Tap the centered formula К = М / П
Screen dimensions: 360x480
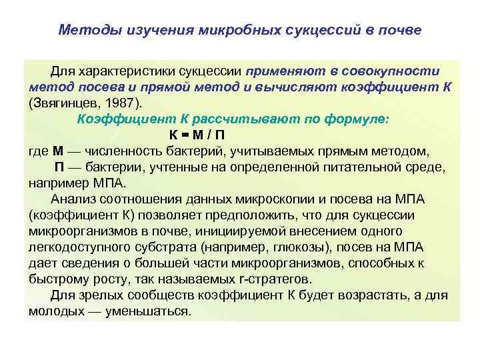click(x=239, y=136)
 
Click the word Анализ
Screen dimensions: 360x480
click(x=72, y=199)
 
